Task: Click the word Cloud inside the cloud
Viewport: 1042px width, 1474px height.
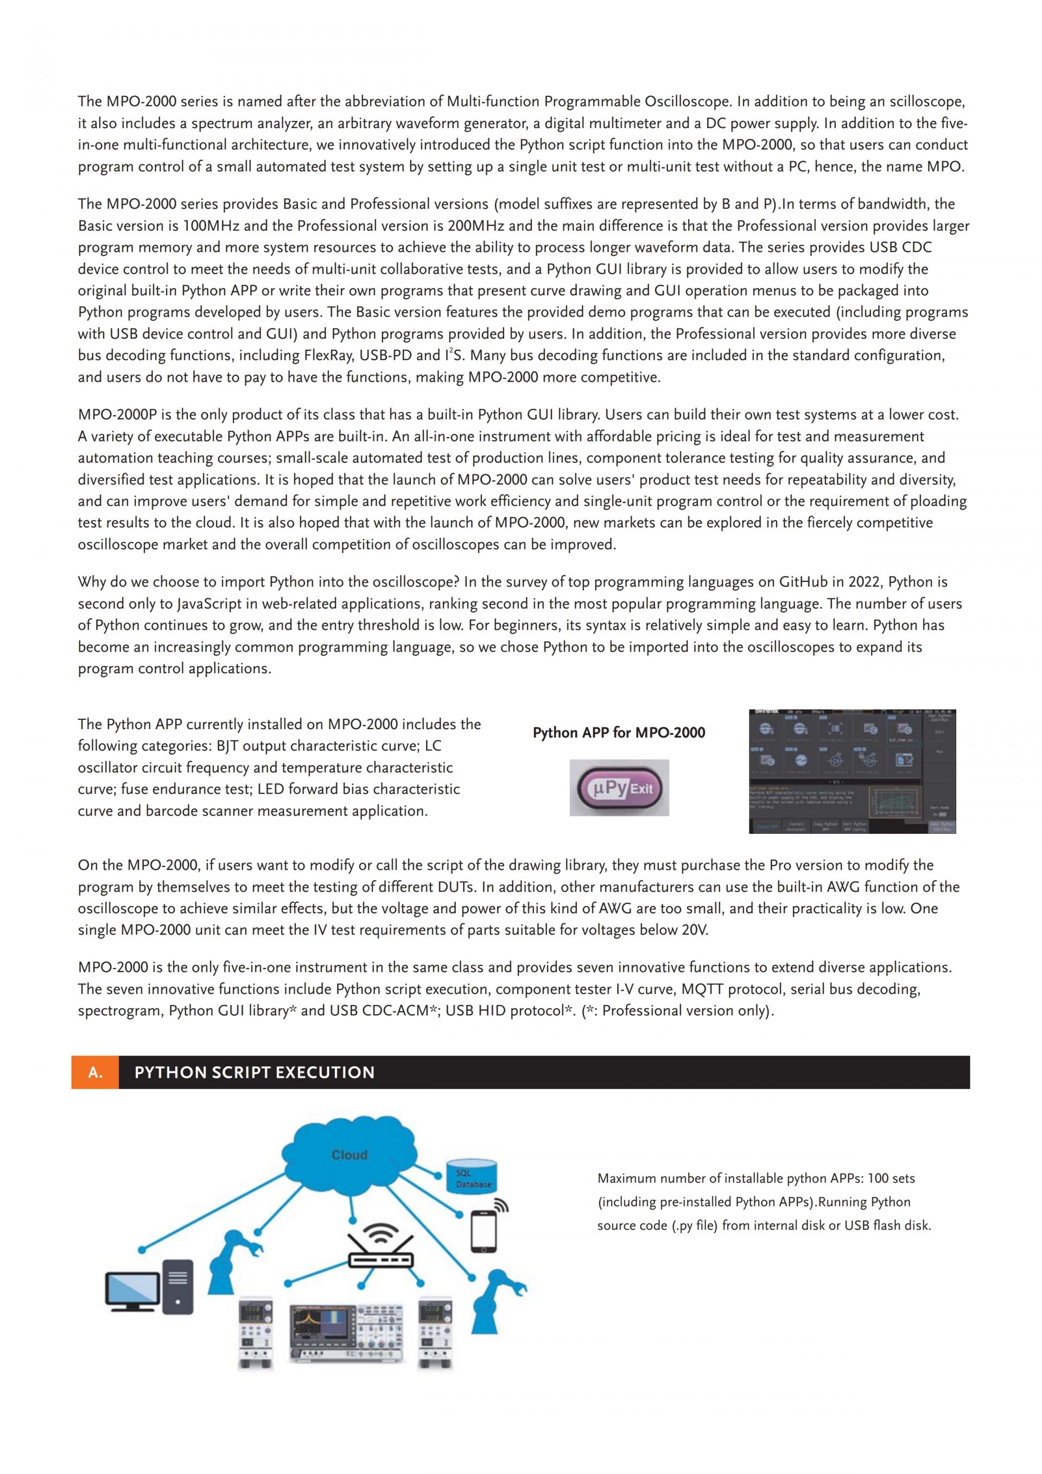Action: (x=349, y=1155)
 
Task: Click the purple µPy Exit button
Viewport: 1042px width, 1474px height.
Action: (x=619, y=788)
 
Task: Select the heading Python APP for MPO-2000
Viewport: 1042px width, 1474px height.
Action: (x=619, y=732)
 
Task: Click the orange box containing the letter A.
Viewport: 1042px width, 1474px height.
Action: (x=95, y=1072)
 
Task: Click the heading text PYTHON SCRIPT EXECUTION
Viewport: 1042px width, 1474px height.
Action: (x=254, y=1072)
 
